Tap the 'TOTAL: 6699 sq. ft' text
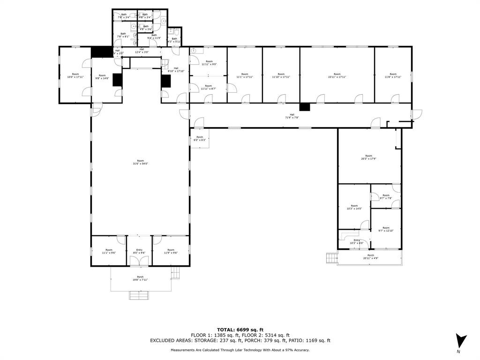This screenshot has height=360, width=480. [x=240, y=330]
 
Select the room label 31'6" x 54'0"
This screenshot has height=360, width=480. [x=141, y=162]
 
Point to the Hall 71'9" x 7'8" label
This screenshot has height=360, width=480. [x=292, y=116]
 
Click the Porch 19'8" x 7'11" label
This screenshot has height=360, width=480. [x=140, y=278]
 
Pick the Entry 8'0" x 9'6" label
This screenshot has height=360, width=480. [x=139, y=251]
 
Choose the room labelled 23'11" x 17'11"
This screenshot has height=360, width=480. [x=337, y=75]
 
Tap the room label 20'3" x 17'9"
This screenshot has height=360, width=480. [x=369, y=157]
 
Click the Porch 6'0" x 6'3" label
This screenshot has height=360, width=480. [x=199, y=139]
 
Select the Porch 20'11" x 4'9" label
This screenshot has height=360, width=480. [x=370, y=257]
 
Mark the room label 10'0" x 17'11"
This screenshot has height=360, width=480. [x=75, y=75]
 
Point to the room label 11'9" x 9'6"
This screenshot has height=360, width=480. [x=171, y=251]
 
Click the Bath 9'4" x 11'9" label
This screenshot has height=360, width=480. [x=154, y=36]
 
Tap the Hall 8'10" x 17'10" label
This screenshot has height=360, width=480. [x=176, y=70]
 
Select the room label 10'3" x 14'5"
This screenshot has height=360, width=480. [x=354, y=207]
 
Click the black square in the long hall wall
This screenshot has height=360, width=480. [x=305, y=107]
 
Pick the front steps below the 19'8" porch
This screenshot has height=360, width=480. [x=139, y=295]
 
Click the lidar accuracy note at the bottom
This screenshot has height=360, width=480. [x=240, y=350]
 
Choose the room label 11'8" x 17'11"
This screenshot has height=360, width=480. [x=393, y=75]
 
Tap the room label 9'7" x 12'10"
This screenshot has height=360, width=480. [x=386, y=229]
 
